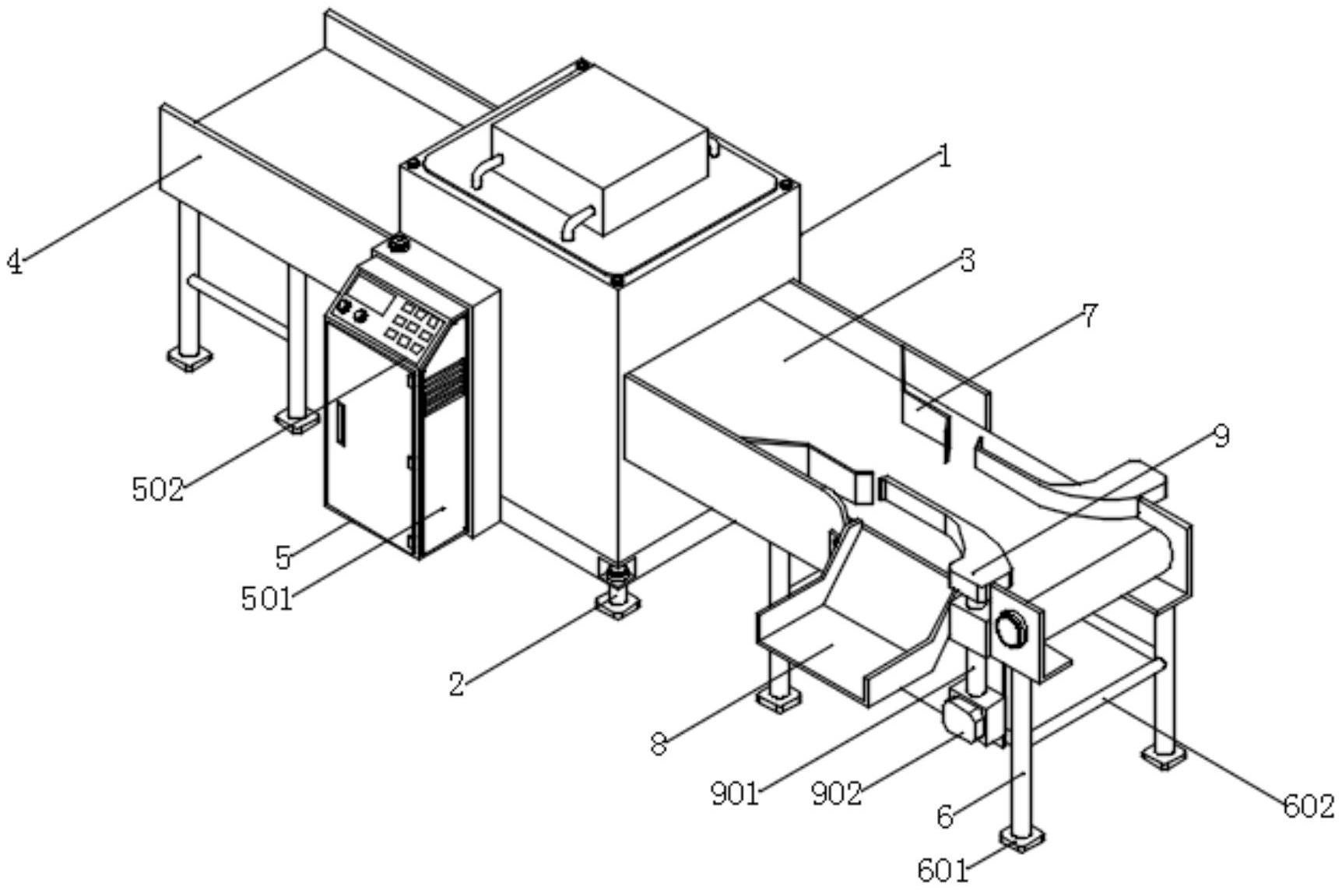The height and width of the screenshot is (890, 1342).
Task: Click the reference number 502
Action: pos(157,490)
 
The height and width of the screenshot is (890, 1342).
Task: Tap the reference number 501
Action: pos(267,600)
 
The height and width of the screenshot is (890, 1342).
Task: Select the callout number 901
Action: pos(734,793)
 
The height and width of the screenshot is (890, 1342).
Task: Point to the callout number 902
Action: pos(837,793)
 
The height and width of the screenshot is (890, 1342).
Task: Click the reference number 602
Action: pos(1309,806)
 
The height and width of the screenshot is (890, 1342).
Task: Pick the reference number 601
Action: pos(943,871)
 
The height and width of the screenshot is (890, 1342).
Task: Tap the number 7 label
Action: pos(1089,315)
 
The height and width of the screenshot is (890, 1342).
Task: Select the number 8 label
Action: pos(659,744)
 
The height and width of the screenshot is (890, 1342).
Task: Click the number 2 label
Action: pos(456,684)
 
